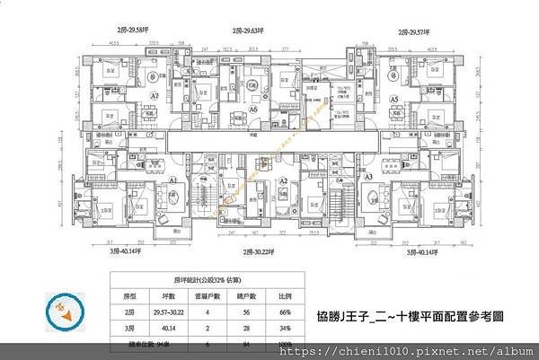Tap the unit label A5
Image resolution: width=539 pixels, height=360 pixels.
394,99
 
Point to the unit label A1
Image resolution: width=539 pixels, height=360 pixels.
173,180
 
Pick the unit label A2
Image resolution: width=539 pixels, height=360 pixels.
283,180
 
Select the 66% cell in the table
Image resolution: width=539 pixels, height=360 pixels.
285,312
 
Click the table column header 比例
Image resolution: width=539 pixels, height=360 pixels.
285,295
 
